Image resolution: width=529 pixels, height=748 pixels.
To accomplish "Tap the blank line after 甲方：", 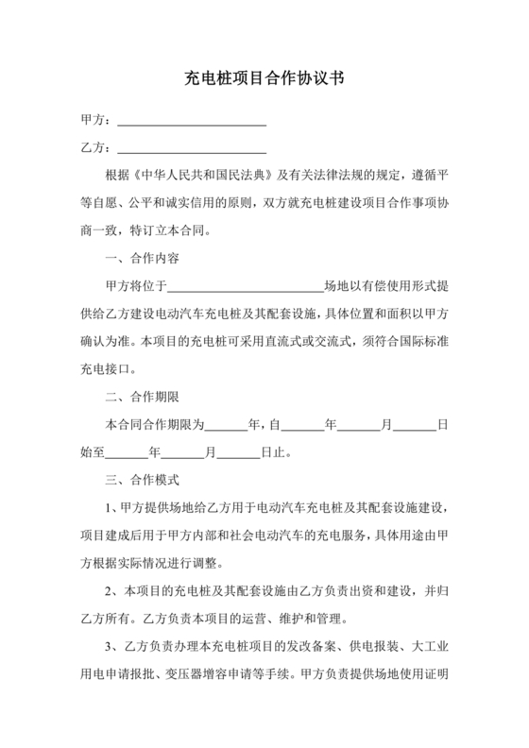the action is [190, 123].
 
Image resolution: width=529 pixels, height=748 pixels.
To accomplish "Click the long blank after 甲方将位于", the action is [246, 287].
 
